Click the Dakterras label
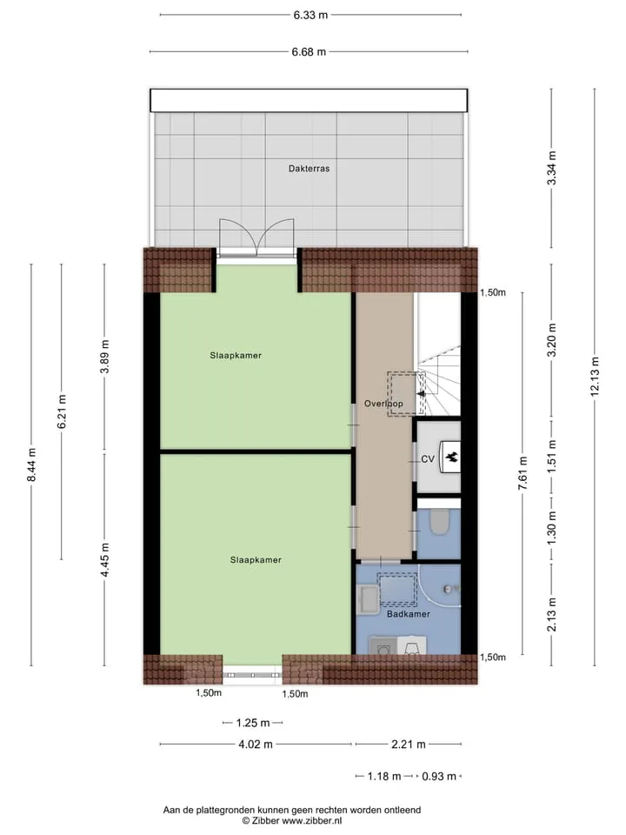click(309, 168)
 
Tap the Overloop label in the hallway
click(383, 404)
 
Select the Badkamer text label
click(409, 614)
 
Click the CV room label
click(428, 458)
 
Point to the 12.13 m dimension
click(595, 377)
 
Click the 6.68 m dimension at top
click(309, 51)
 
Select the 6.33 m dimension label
click(310, 15)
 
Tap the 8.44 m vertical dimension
click(31, 464)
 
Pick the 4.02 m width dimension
click(256, 744)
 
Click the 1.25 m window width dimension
click(253, 723)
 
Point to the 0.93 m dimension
click(439, 777)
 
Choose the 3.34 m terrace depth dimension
click(551, 168)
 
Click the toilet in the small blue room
click(440, 523)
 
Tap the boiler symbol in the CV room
click(451, 457)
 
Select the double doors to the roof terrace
click(256, 236)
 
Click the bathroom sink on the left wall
click(367, 599)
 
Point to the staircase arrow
click(423, 392)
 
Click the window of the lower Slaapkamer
click(252, 674)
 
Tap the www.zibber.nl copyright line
click(292, 820)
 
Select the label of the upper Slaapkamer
click(236, 356)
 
